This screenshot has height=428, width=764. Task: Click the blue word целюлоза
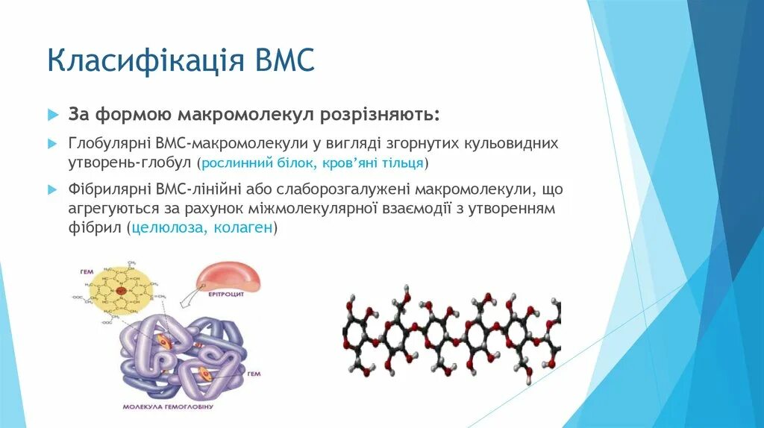(169, 229)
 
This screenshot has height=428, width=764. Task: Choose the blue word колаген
(243, 229)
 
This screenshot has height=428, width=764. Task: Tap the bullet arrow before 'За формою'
(52, 116)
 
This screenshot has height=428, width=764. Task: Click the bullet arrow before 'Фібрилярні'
(52, 189)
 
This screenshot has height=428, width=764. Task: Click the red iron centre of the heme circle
(121, 289)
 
